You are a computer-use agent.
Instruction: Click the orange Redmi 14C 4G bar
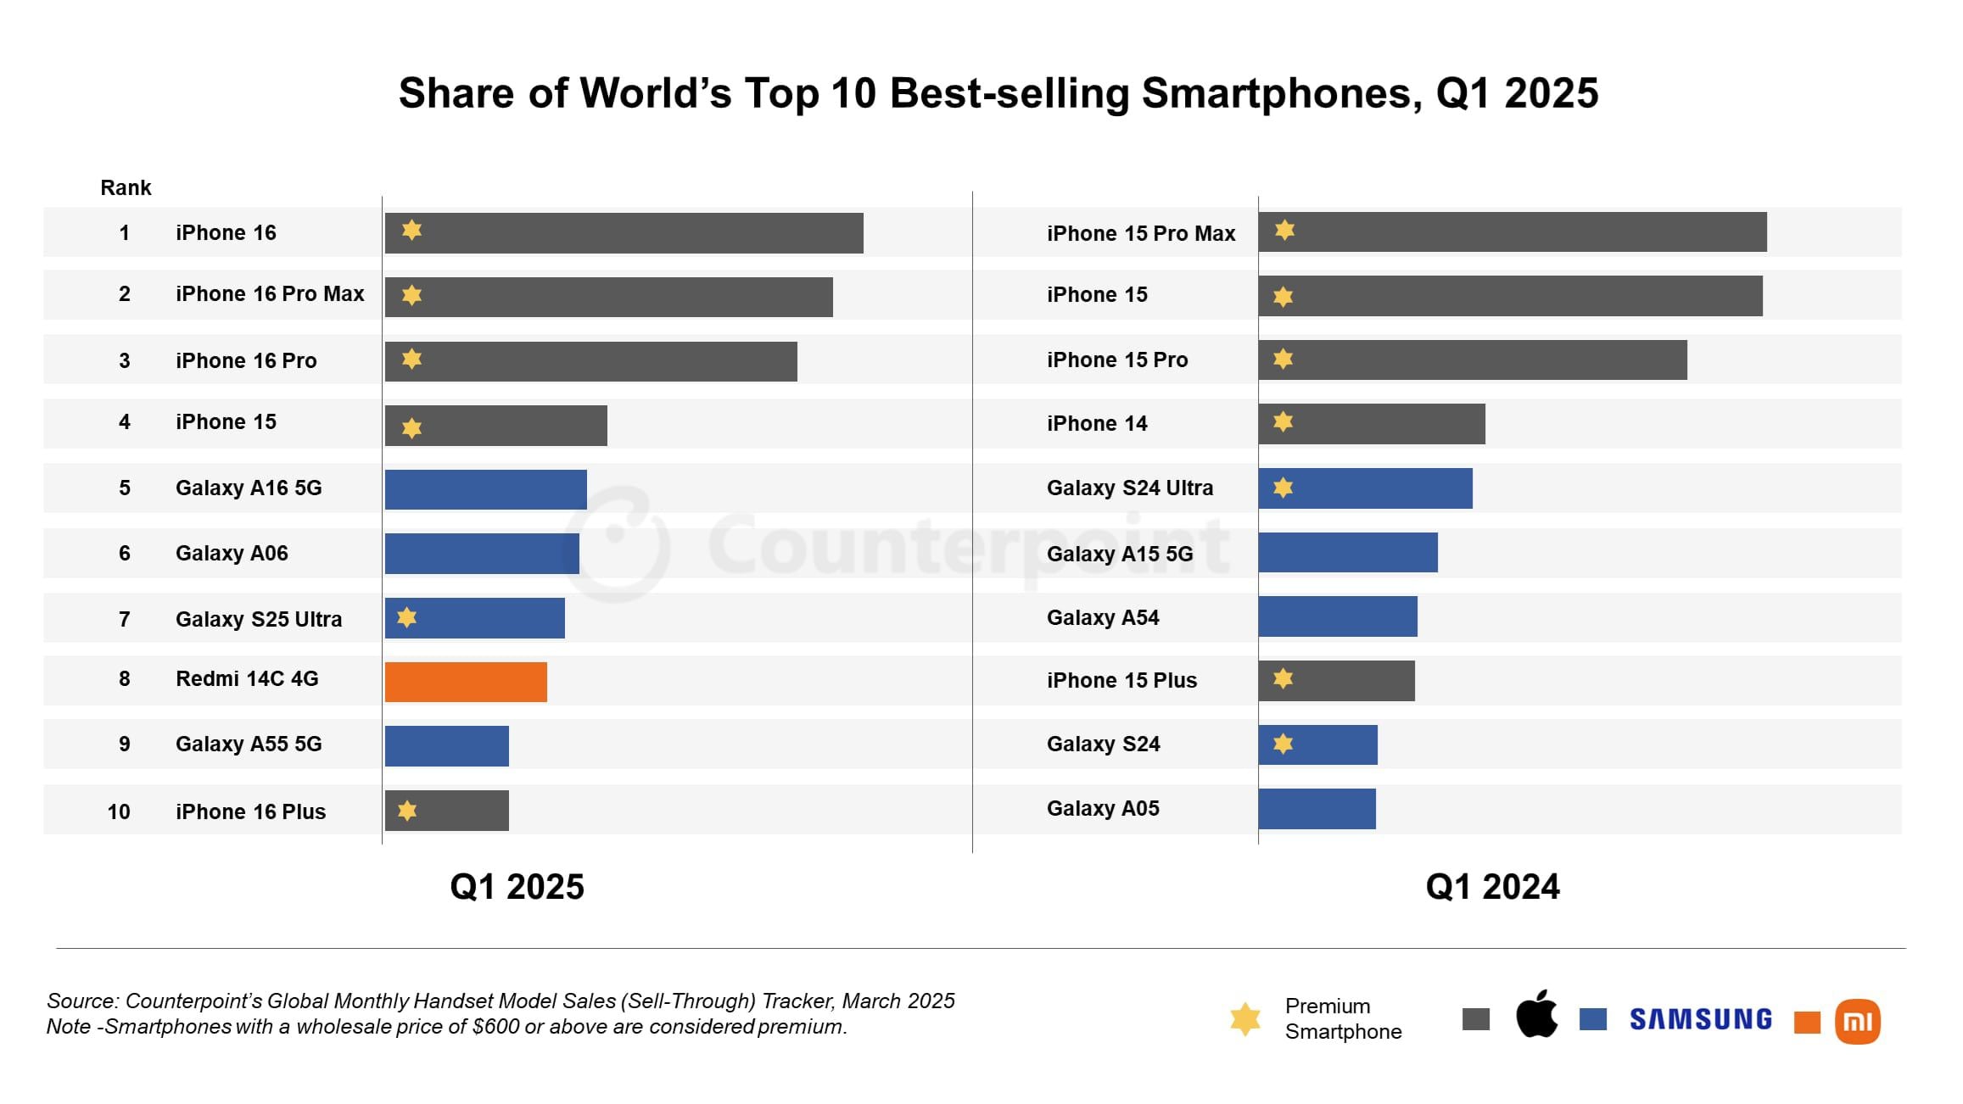[x=466, y=682]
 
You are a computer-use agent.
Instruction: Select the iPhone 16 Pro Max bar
[x=608, y=297]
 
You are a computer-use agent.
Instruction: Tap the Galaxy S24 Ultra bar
[x=1365, y=488]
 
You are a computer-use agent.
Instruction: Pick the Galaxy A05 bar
[x=1317, y=809]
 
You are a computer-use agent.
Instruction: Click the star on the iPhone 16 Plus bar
[x=407, y=811]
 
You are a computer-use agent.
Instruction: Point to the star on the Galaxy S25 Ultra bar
[x=407, y=617]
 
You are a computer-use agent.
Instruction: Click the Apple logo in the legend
[x=1536, y=1014]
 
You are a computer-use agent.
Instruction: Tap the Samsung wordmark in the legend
[x=1700, y=1019]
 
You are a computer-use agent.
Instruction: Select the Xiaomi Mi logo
[x=1857, y=1021]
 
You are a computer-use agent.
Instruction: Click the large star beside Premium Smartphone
[x=1245, y=1019]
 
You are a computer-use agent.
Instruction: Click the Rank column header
[x=126, y=187]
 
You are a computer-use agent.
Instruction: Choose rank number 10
[x=119, y=811]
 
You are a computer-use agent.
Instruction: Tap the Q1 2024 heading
[x=1492, y=887]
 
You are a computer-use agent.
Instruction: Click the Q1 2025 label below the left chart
[x=517, y=887]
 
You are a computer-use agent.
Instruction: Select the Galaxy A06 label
[x=232, y=553]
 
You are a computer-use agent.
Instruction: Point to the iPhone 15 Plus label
[x=1121, y=680]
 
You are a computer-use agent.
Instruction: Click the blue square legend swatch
[x=1592, y=1019]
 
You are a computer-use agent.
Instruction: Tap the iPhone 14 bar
[x=1371, y=424]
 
